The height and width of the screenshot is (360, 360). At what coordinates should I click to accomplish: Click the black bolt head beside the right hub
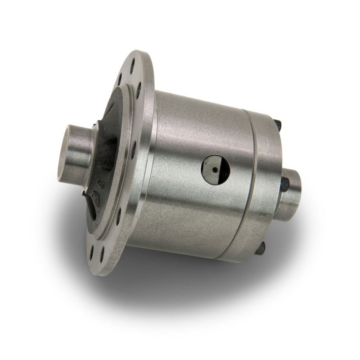pos(284,184)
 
